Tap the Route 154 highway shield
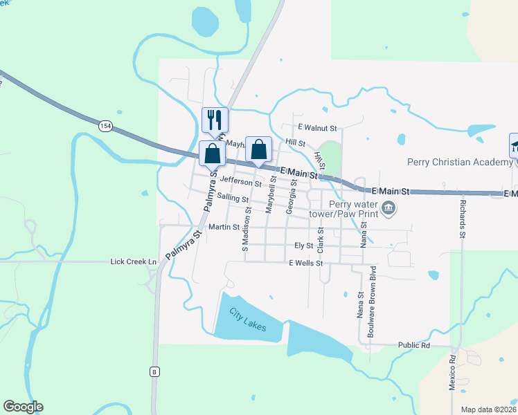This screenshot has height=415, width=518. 105,126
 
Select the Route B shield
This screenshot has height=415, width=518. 154,372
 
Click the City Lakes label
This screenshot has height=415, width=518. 248,320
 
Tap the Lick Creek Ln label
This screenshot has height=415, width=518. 134,261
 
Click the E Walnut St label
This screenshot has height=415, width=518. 317,128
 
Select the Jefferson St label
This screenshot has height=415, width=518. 240,181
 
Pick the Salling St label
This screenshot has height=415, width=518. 233,199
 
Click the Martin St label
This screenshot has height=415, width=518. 224,226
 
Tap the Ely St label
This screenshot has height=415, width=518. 304,245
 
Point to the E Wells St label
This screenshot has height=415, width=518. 306,263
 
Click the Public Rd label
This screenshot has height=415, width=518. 414,344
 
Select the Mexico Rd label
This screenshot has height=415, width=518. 452,373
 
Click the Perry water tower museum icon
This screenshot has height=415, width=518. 388,207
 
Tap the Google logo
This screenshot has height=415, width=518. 23,407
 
